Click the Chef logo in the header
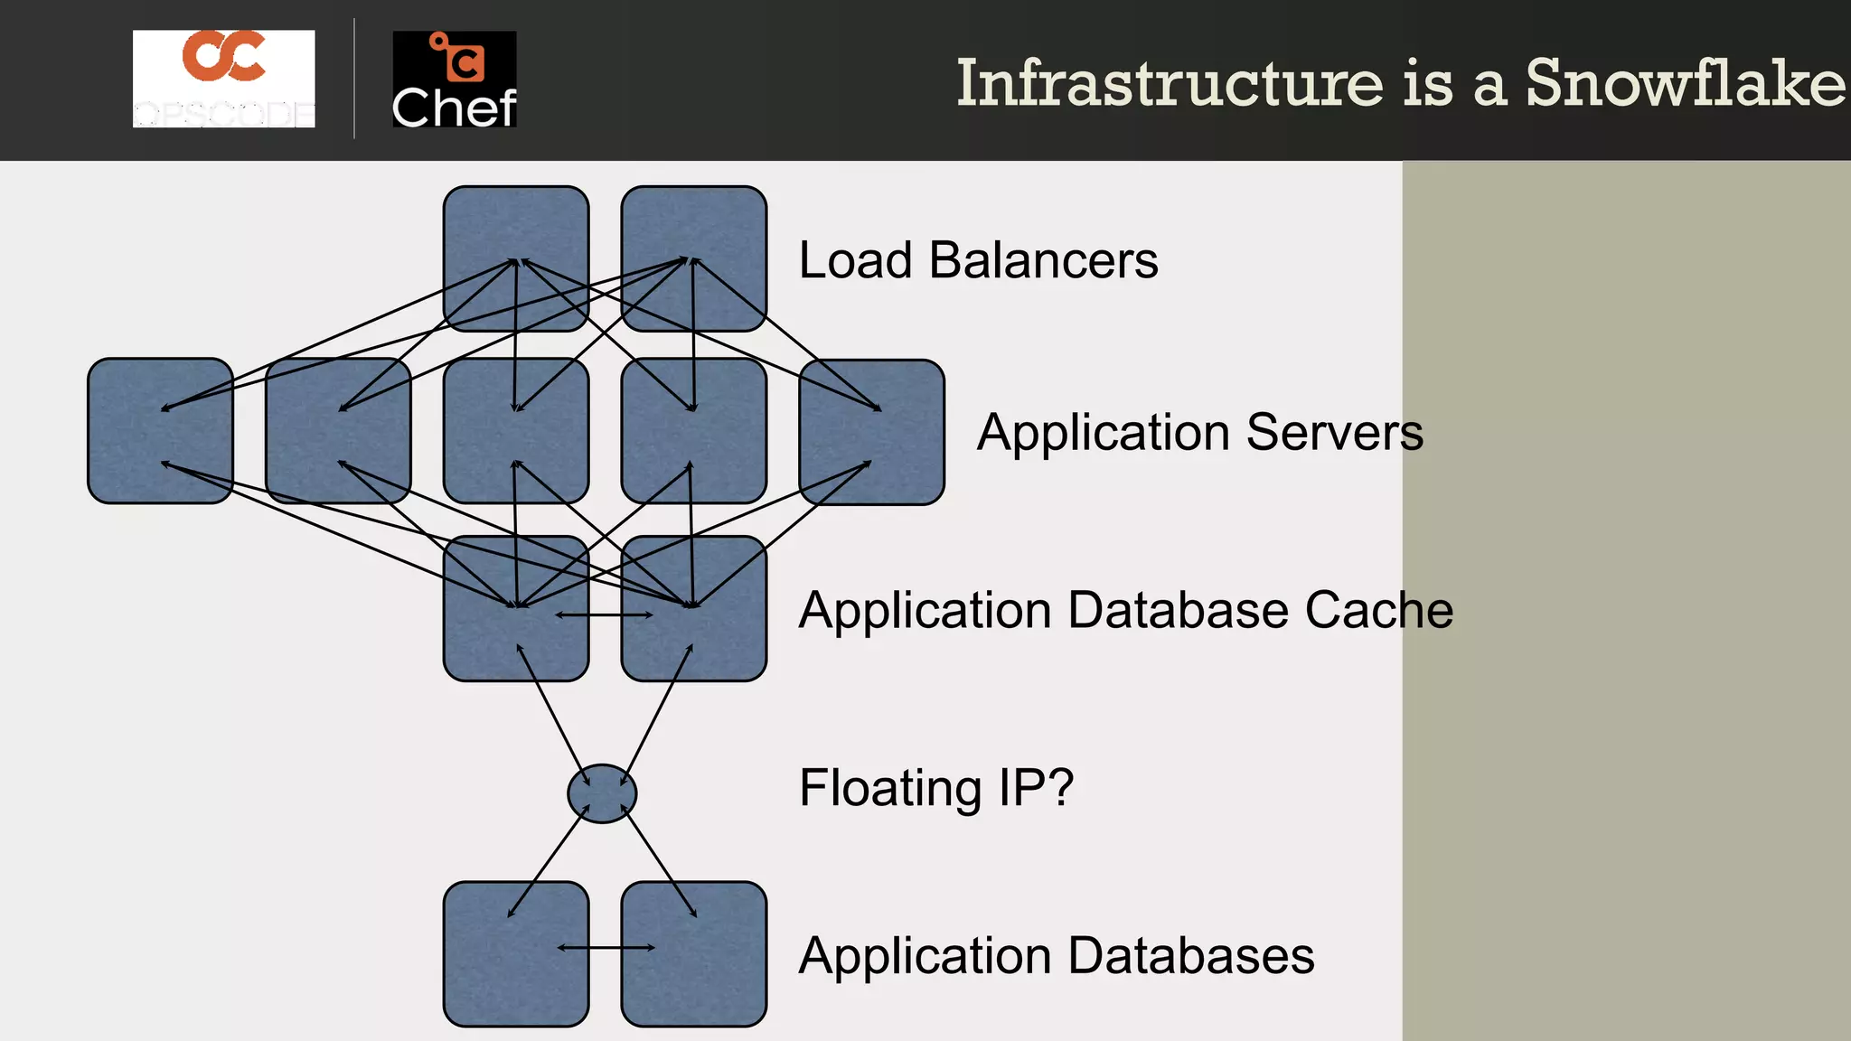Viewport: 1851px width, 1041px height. tap(454, 80)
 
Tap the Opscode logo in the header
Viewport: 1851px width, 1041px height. tap(223, 79)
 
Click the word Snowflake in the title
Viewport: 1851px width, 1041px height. tap(1686, 83)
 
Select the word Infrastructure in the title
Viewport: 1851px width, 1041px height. tap(1170, 83)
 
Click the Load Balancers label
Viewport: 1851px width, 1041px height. tap(978, 260)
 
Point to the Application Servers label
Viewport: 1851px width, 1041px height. tap(1199, 432)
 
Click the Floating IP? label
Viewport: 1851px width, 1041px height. tap(936, 788)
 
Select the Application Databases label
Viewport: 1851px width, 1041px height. tap(1057, 956)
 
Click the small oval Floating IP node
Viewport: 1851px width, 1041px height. tap(602, 793)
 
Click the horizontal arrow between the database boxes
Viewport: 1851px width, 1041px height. tap(606, 948)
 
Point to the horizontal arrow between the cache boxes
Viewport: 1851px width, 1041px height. tap(604, 615)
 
